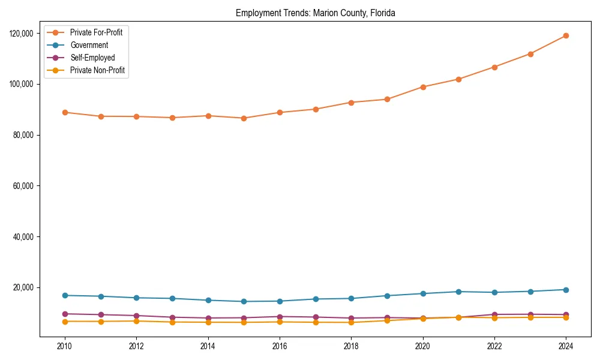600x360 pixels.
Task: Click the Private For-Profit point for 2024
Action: click(x=566, y=35)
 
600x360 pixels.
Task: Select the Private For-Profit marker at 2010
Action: click(x=65, y=112)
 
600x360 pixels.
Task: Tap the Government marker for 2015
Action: click(x=244, y=301)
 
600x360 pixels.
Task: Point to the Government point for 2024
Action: click(x=566, y=290)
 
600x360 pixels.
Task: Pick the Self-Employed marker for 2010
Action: click(x=65, y=314)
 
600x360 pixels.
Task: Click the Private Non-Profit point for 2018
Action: click(x=351, y=322)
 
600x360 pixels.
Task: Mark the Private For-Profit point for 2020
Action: click(x=423, y=87)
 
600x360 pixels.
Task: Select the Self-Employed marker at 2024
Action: click(x=566, y=314)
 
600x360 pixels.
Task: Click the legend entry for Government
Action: click(x=89, y=45)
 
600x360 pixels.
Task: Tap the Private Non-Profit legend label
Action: click(x=97, y=70)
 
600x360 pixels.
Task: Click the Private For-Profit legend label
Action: click(x=96, y=32)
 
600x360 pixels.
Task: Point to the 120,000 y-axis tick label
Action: click(x=22, y=34)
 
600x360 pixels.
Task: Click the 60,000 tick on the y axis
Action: click(x=24, y=186)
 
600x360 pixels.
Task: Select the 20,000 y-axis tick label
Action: click(x=24, y=287)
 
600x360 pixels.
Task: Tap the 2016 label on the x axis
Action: click(x=280, y=346)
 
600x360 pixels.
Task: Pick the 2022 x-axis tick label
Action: click(x=494, y=346)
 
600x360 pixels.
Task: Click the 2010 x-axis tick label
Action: click(x=65, y=346)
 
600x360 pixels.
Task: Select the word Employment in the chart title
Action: click(x=255, y=13)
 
